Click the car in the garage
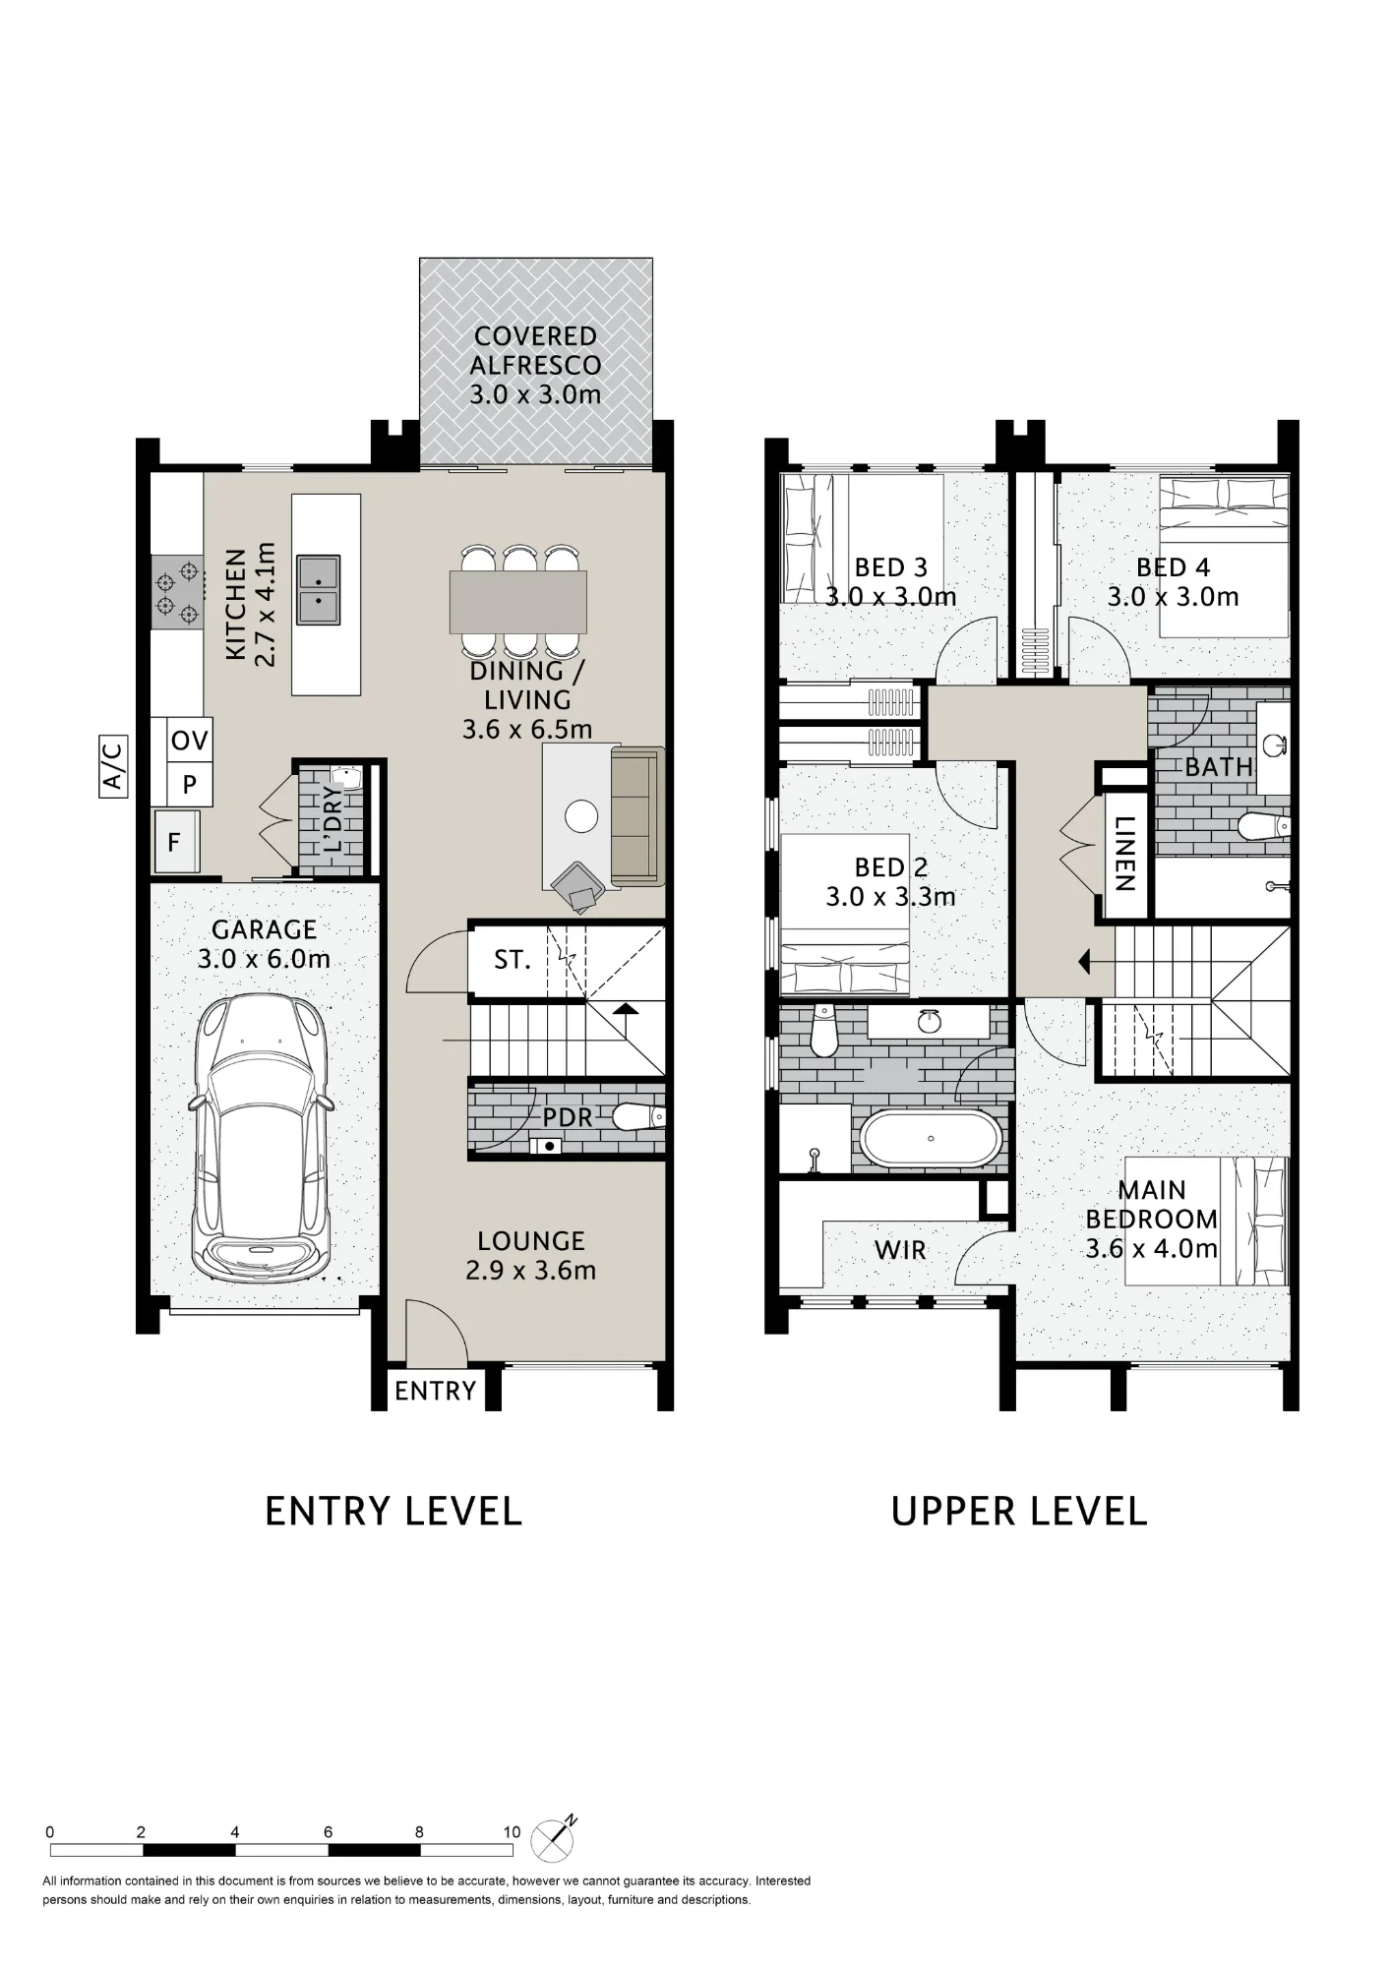(262, 1139)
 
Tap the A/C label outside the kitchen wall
(114, 765)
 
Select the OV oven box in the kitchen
(190, 740)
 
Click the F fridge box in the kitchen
(177, 842)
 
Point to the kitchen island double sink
(319, 589)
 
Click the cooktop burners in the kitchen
(177, 592)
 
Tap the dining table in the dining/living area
(518, 602)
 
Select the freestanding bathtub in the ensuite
(931, 1139)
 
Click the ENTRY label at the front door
(435, 1391)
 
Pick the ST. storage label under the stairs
(513, 959)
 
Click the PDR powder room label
(568, 1117)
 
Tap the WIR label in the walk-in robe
(900, 1250)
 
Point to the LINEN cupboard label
(1125, 854)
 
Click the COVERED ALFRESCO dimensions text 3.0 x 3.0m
(535, 394)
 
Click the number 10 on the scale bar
(512, 1832)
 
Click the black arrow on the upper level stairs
(1085, 961)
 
